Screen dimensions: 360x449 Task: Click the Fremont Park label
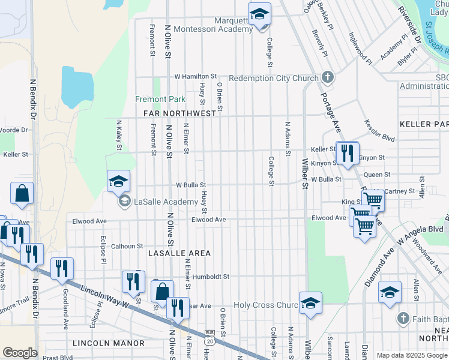[160, 99]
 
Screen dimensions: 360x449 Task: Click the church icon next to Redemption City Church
[328, 77]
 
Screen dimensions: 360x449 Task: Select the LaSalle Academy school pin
[118, 181]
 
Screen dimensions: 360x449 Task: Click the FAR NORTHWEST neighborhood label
[179, 113]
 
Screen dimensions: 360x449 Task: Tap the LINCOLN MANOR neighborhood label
[109, 343]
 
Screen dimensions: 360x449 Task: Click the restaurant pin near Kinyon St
[347, 154]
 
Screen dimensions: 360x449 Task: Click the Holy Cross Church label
[265, 305]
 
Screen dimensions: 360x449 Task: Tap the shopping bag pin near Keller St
[22, 194]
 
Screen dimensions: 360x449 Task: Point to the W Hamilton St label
[195, 77]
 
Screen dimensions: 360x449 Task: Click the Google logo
[20, 353]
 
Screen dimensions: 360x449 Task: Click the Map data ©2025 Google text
[411, 355]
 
